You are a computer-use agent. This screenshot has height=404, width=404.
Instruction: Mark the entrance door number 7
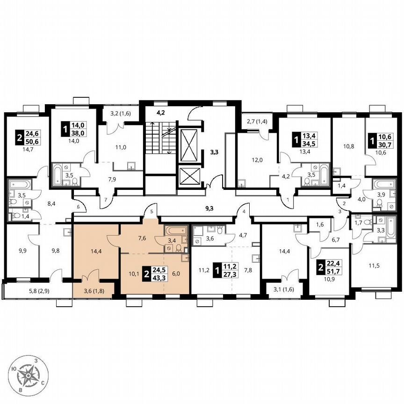pos(106,200)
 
